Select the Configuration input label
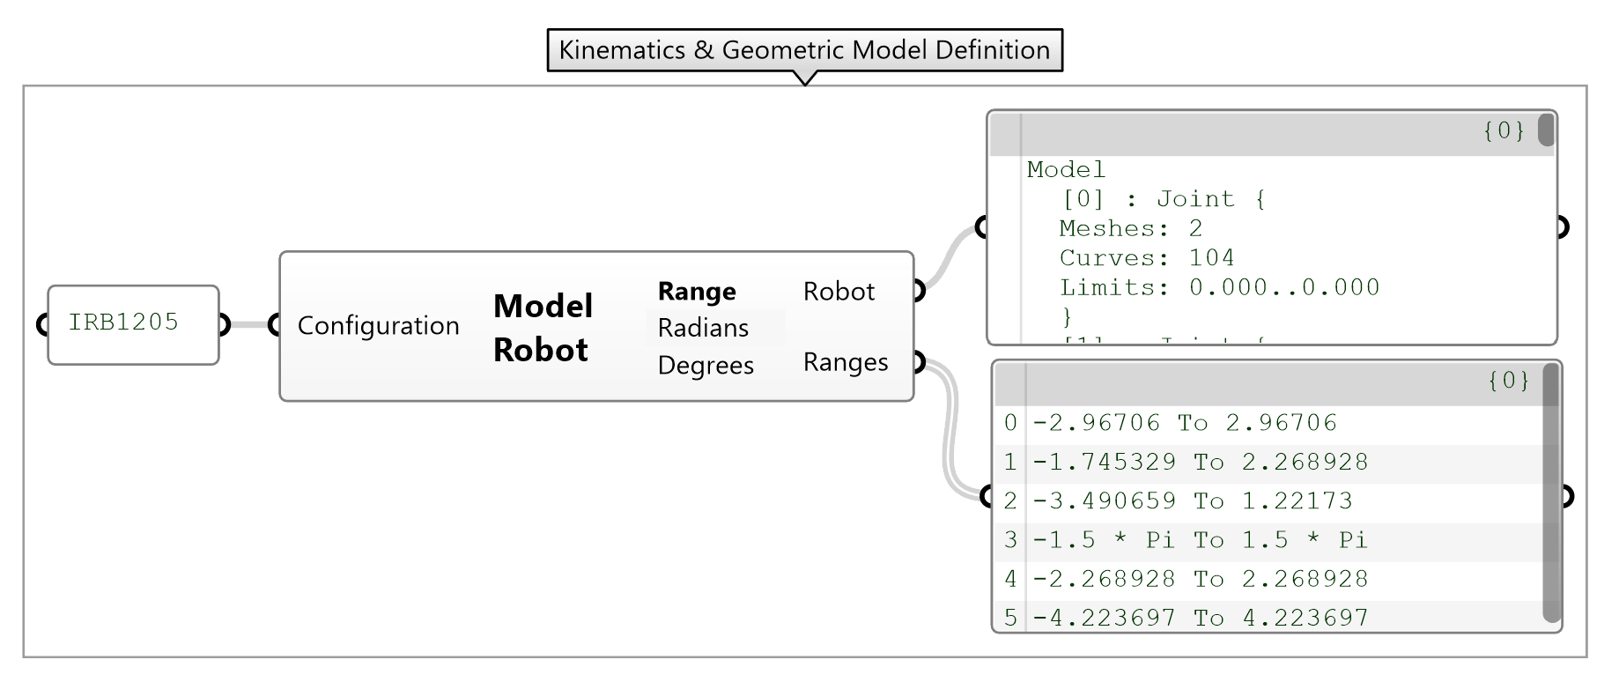(x=378, y=326)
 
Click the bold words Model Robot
(x=542, y=328)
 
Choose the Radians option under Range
(x=702, y=328)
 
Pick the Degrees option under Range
(x=705, y=365)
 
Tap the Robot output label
(x=838, y=292)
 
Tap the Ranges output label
(x=845, y=362)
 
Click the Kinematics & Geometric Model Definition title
(x=804, y=49)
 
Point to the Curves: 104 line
(x=1146, y=257)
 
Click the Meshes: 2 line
(x=1130, y=228)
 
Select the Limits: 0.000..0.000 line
(x=1218, y=287)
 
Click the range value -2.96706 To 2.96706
(x=1184, y=423)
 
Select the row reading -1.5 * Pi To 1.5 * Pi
(x=1199, y=539)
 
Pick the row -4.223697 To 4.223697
(x=1200, y=617)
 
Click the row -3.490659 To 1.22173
(x=1192, y=500)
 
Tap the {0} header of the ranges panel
(x=1508, y=381)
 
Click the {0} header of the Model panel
(x=1504, y=130)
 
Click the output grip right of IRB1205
(x=222, y=325)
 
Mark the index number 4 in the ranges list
(x=1009, y=579)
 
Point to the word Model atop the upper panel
(x=1065, y=169)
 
